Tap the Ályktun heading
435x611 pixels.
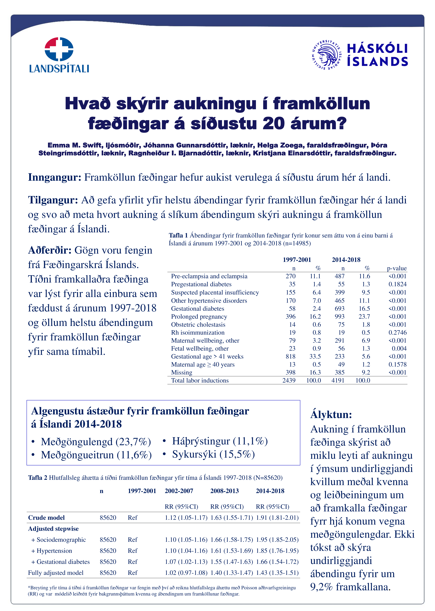331,414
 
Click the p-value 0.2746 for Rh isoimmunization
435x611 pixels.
398,333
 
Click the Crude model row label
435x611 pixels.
46,518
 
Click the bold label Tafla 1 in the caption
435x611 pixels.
178,236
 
